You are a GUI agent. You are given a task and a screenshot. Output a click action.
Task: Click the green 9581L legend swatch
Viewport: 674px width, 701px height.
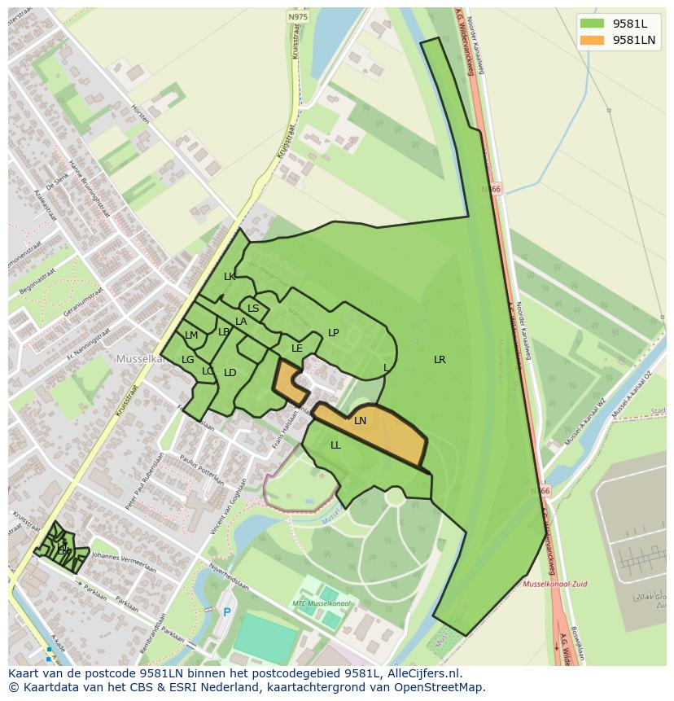(592, 24)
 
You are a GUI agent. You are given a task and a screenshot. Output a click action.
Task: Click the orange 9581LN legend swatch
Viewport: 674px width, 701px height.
(592, 40)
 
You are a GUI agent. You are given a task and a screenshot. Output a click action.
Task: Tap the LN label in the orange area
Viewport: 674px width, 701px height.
(360, 421)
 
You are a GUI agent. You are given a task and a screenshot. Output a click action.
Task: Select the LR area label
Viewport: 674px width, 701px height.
(440, 360)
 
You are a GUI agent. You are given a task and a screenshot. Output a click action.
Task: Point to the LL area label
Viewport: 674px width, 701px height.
(335, 445)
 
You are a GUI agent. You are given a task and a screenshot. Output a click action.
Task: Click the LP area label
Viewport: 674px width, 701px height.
(333, 333)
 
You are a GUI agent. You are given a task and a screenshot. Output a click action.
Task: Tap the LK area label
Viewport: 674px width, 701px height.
(230, 277)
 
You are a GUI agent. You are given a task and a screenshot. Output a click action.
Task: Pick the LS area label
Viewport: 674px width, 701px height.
(253, 309)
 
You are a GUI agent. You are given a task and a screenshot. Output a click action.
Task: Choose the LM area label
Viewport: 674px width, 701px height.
(191, 335)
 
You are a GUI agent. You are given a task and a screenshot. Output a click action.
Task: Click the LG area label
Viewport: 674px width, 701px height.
(188, 360)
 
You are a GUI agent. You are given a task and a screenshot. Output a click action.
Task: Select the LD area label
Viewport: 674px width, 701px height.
(230, 373)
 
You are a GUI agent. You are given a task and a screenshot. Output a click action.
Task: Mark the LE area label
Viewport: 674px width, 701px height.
(297, 348)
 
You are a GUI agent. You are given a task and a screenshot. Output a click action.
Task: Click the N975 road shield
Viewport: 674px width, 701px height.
(298, 16)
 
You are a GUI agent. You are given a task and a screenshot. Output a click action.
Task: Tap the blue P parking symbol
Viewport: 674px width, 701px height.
(227, 612)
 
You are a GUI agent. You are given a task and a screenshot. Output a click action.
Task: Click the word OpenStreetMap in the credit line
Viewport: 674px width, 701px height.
(440, 687)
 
